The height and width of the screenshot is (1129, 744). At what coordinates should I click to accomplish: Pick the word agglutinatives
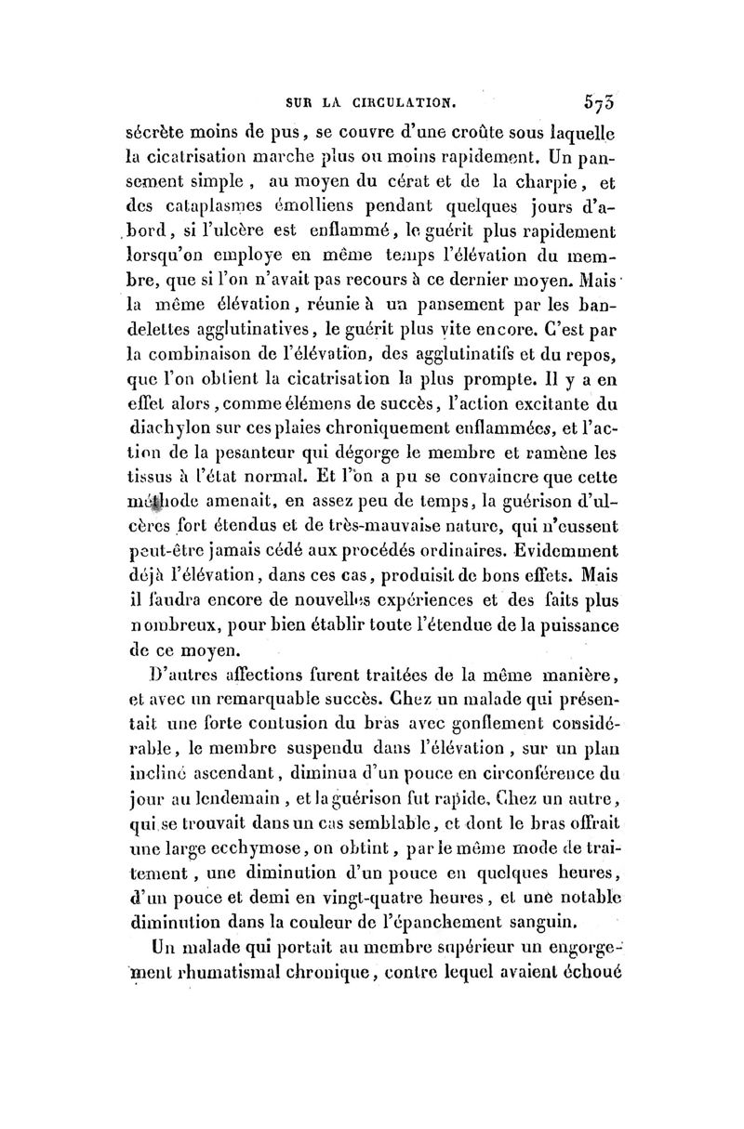click(219, 327)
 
